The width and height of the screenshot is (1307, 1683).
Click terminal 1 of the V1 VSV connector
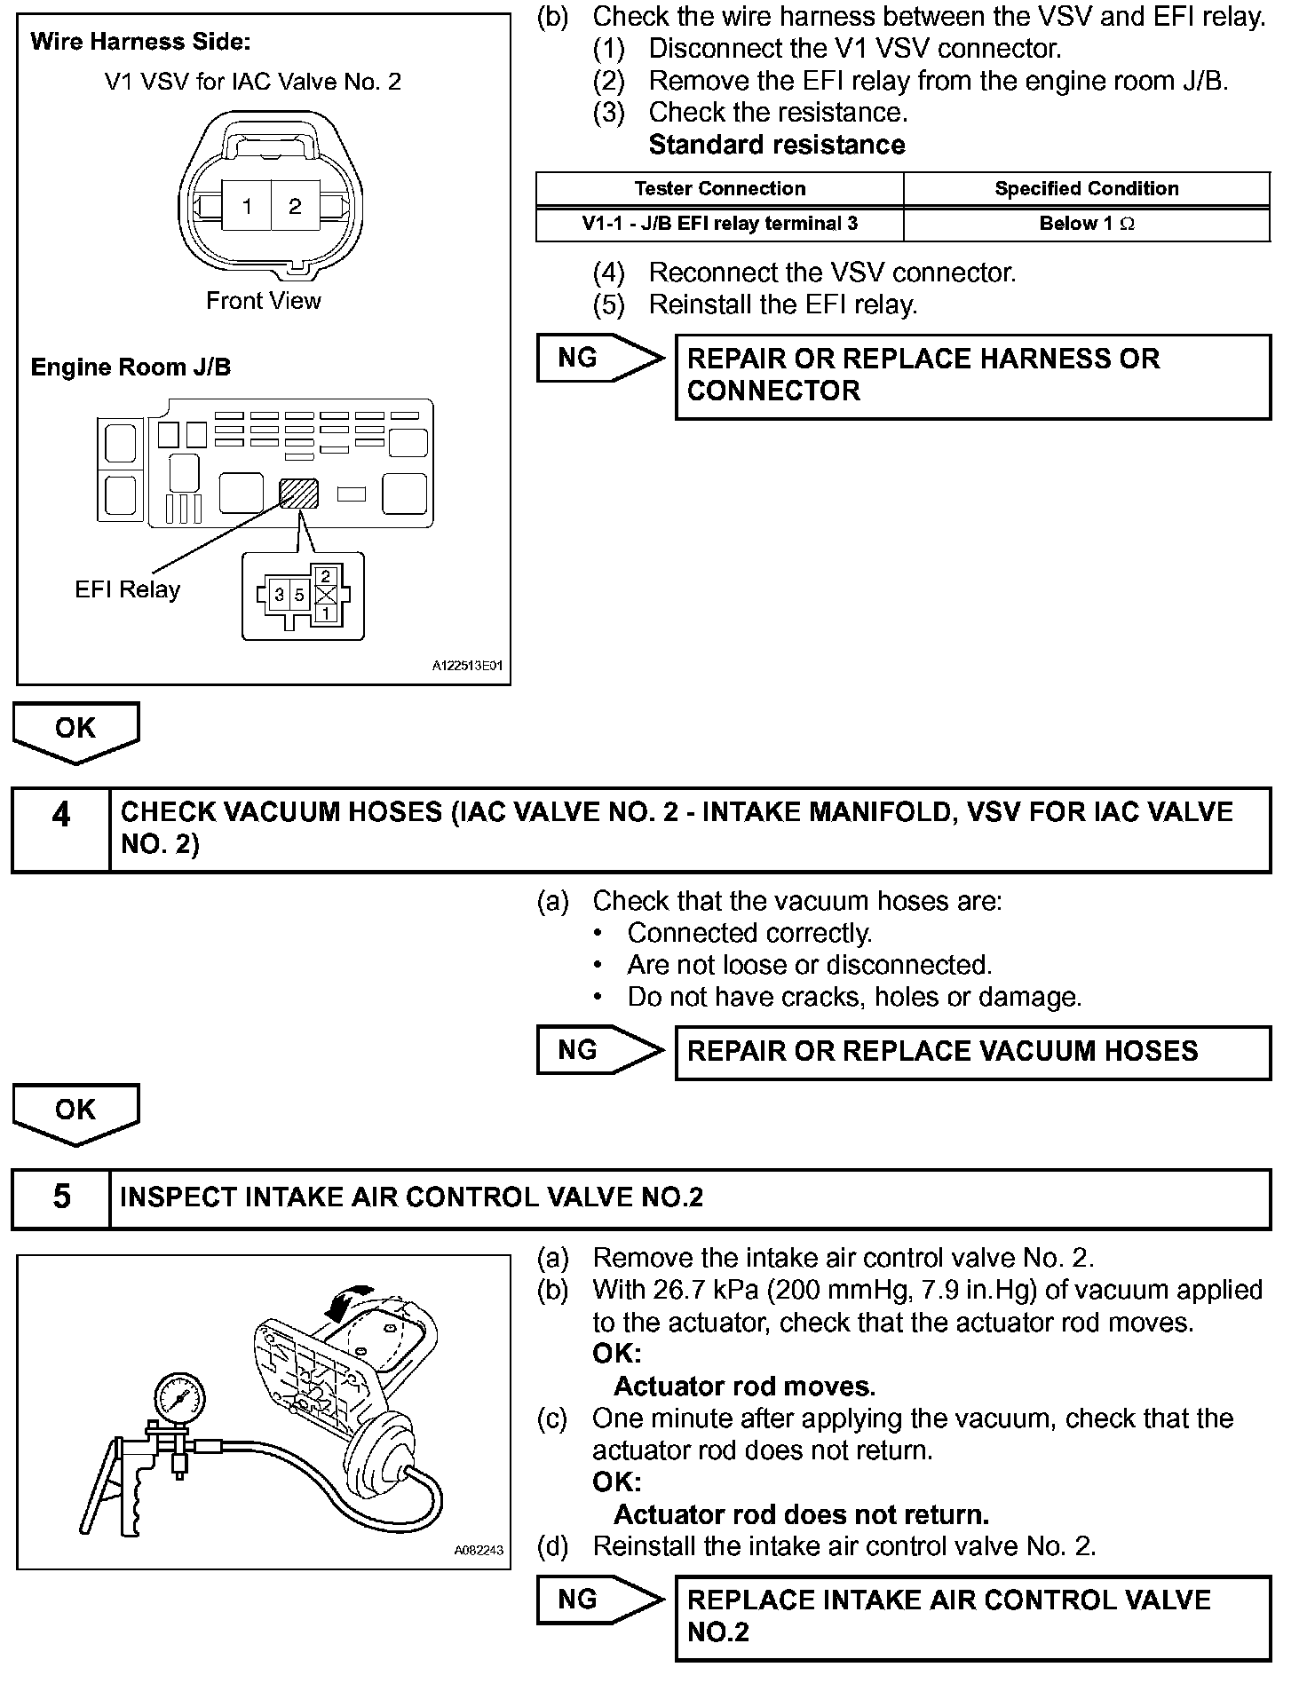tap(247, 207)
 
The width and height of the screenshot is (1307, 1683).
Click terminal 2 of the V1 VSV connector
tap(296, 207)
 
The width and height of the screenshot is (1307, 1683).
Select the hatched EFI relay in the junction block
tap(299, 493)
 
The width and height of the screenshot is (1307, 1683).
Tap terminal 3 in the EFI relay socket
tap(279, 595)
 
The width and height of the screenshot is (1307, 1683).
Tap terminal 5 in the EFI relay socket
tap(299, 595)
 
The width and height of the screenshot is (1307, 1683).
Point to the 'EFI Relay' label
tap(127, 589)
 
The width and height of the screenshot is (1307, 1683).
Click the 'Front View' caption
tap(263, 301)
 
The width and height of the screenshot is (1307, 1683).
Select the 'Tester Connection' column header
tap(719, 189)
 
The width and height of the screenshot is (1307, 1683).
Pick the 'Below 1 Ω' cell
tap(1086, 224)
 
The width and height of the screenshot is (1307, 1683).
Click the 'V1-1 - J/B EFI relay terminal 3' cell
tap(719, 224)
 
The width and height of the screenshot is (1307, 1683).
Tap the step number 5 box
tap(60, 1197)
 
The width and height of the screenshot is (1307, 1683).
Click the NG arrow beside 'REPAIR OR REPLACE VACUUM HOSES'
tap(599, 1051)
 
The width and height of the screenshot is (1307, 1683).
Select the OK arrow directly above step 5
tap(75, 1113)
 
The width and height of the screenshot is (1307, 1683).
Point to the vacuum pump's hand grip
tap(133, 1500)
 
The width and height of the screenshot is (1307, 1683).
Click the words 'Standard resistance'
tap(777, 145)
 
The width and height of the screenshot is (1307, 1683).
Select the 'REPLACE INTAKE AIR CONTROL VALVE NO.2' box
tap(972, 1616)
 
